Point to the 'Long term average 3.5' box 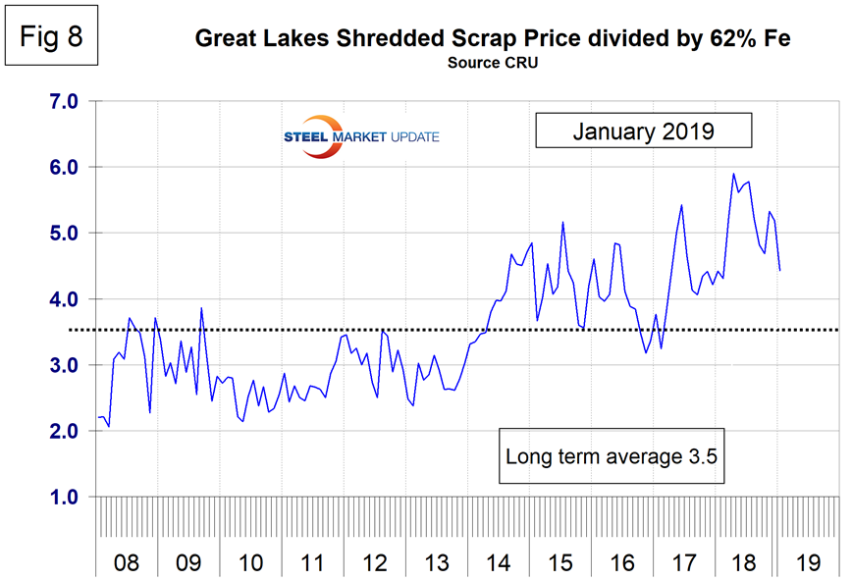[x=613, y=456]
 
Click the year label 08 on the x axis [x=127, y=564]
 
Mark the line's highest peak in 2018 [x=733, y=174]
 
